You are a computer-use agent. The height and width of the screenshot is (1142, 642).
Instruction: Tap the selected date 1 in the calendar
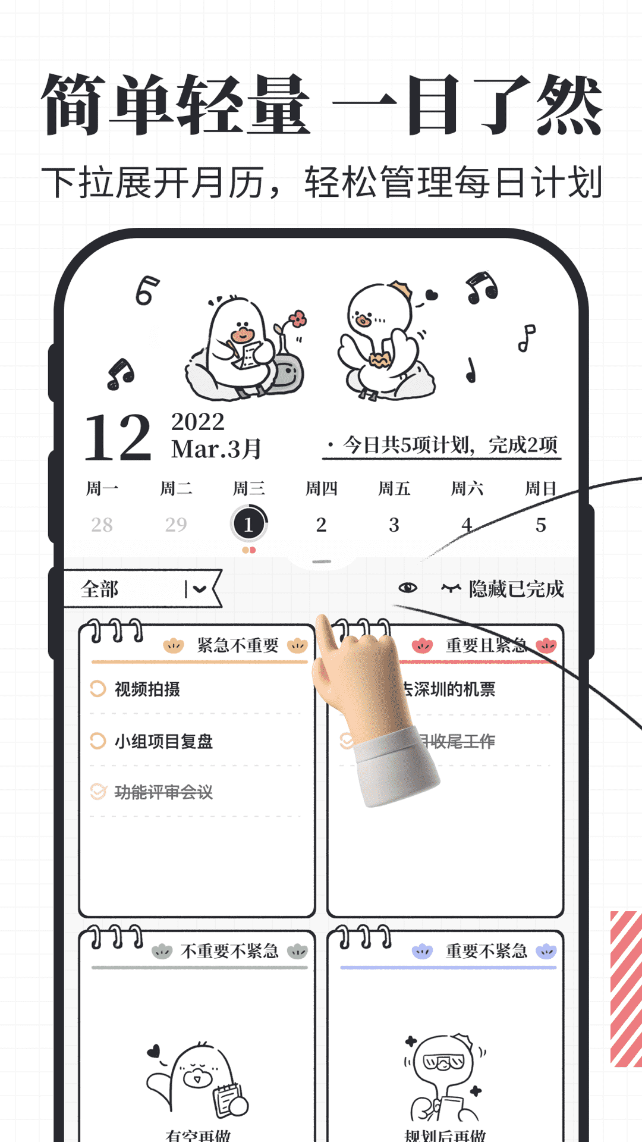coord(248,524)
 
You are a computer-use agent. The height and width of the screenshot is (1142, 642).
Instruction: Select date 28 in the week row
coord(102,525)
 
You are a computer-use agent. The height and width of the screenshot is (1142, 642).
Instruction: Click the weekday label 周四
coord(322,489)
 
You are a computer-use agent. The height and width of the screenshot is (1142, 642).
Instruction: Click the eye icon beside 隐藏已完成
coord(408,588)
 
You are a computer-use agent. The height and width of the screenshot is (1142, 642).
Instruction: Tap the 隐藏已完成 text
coord(516,589)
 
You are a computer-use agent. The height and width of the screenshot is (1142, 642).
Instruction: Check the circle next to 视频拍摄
coord(97,689)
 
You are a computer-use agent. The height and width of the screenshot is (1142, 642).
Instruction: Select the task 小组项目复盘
coord(163,741)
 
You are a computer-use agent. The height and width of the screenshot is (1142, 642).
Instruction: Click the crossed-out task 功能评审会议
coord(163,792)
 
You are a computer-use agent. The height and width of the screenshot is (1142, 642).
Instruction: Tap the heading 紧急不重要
coord(238,645)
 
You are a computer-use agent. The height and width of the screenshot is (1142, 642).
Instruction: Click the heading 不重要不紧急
coord(229,951)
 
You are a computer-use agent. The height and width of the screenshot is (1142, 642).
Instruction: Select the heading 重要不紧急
coord(486,951)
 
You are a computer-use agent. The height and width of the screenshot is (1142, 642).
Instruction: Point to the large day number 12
coord(118,438)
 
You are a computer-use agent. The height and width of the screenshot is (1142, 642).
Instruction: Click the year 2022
coord(198,422)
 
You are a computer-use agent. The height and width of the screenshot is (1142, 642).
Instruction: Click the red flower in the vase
coord(298,319)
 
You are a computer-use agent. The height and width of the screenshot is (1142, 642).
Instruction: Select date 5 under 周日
coord(540,525)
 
